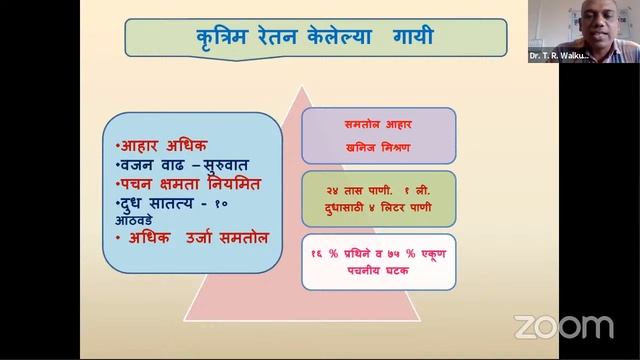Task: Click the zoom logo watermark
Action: click(x=563, y=327)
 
